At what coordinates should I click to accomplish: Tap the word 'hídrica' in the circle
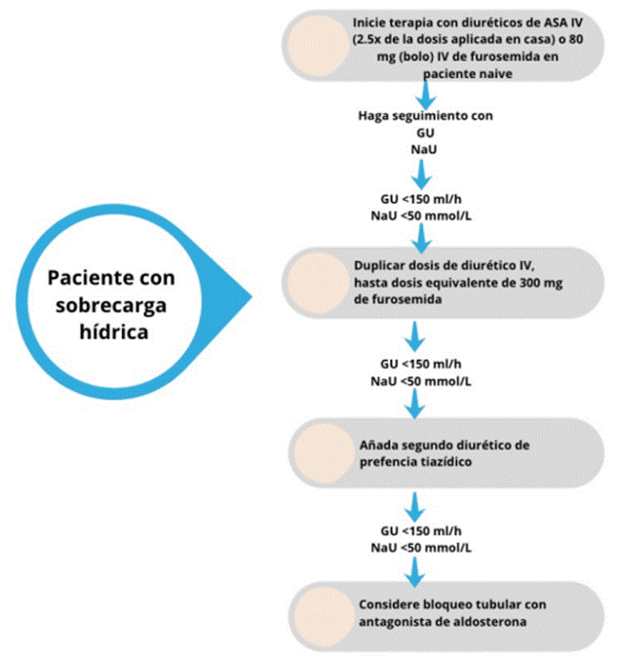click(x=114, y=331)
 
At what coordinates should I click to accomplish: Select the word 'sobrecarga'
click(x=111, y=306)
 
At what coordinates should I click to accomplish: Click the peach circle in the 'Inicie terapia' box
click(x=319, y=46)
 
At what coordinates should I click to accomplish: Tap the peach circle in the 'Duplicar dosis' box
click(x=319, y=283)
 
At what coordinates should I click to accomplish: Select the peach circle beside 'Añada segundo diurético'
click(x=325, y=453)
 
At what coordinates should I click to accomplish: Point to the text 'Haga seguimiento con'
click(x=425, y=115)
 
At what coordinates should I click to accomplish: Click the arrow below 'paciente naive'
click(x=426, y=95)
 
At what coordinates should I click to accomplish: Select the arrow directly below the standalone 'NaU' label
click(x=421, y=174)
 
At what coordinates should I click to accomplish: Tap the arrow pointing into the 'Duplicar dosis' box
click(x=421, y=239)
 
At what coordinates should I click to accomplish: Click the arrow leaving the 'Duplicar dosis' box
click(x=415, y=336)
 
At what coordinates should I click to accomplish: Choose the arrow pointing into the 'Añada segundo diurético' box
click(x=415, y=404)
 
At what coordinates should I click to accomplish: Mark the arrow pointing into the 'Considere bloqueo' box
click(x=415, y=572)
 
